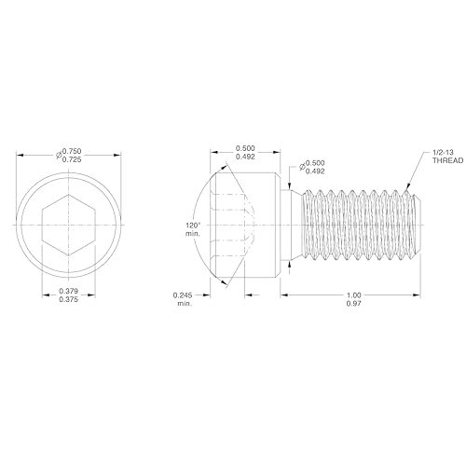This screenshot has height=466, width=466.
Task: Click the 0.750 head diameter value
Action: click(73, 149)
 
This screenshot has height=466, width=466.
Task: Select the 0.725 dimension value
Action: click(73, 158)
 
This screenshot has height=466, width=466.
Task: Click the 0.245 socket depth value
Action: click(183, 295)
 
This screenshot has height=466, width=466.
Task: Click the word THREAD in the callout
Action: click(446, 160)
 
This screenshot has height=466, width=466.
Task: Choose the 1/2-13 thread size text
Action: click(445, 151)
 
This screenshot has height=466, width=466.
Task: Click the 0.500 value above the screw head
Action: click(247, 148)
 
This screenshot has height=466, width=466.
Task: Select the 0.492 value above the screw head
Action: click(247, 158)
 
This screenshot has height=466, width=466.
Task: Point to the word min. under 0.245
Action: click(183, 306)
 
